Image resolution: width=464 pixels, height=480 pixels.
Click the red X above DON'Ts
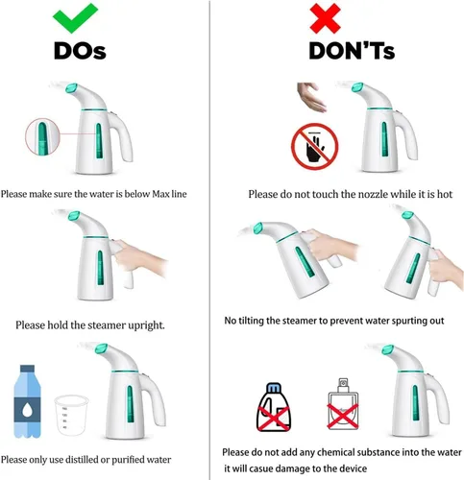(325, 19)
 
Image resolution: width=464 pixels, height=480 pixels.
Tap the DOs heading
(80, 51)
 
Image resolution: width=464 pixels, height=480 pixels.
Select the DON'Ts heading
(352, 51)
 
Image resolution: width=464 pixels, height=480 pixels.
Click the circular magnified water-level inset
(42, 136)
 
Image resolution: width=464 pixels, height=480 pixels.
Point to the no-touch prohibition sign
(315, 147)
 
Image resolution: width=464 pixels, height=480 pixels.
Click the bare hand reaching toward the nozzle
(311, 97)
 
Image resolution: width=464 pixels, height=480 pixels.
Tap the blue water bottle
(28, 401)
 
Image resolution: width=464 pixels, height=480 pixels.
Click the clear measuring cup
(71, 415)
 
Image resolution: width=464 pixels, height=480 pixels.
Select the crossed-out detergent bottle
(273, 407)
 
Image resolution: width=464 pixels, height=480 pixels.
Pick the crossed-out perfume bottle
(343, 404)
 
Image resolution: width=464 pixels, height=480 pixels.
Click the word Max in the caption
(160, 194)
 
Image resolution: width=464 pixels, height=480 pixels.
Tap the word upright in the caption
(146, 325)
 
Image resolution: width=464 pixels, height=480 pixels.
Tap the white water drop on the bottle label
(27, 410)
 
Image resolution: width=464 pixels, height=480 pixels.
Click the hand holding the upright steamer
(139, 257)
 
